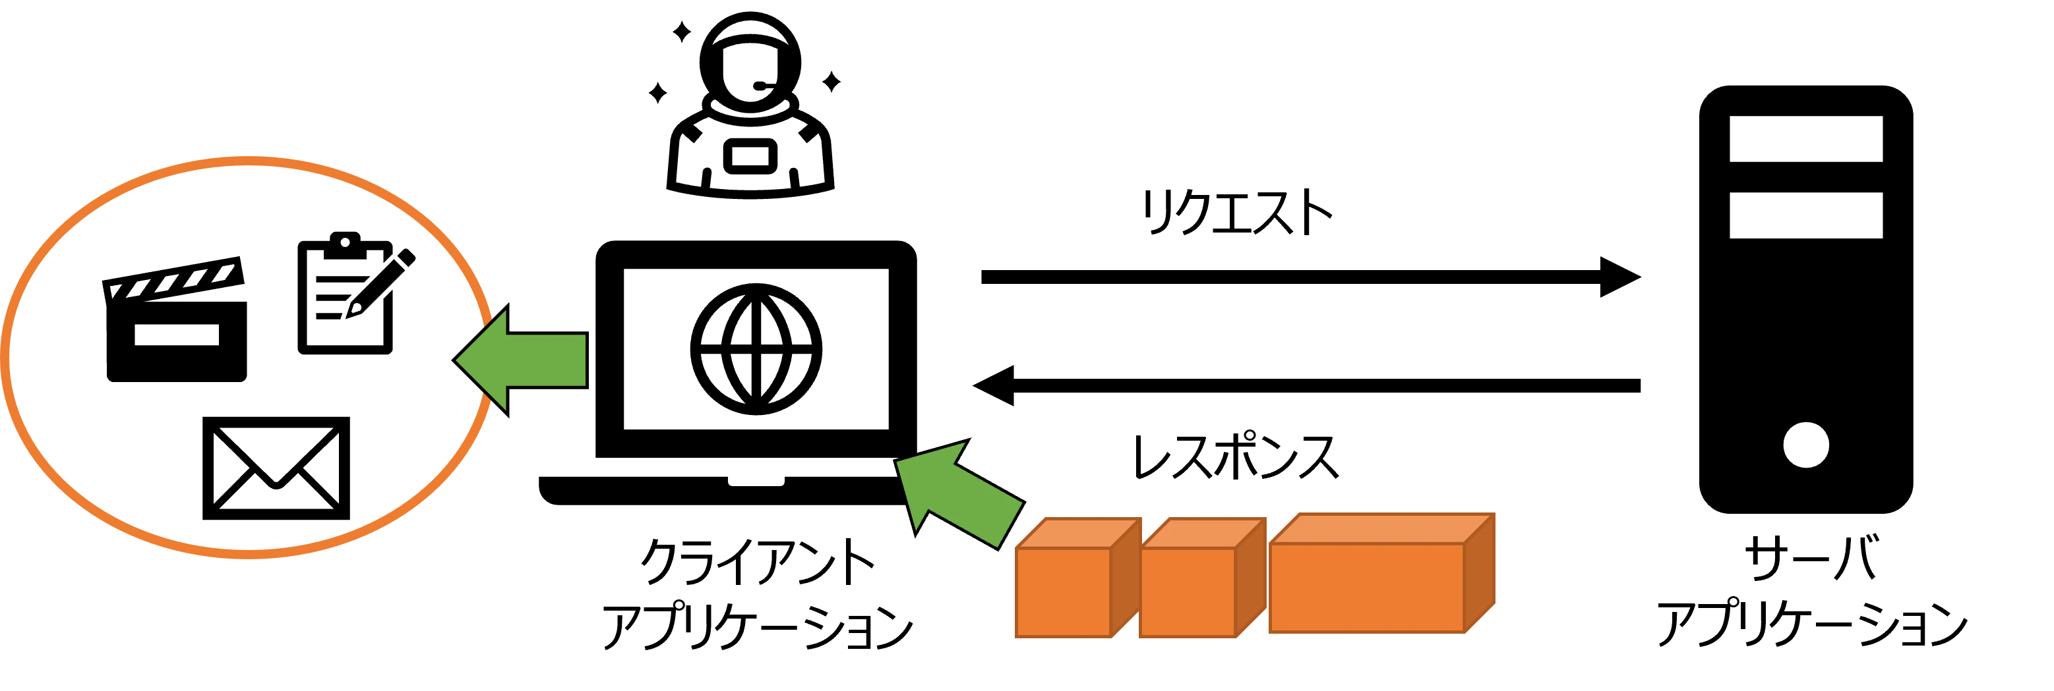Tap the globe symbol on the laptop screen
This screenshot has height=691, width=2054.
756,350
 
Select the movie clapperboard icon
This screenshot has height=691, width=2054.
175,319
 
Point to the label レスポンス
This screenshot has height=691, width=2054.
1236,456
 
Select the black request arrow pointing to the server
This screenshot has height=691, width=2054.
1311,277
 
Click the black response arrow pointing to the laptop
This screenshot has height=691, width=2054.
1306,386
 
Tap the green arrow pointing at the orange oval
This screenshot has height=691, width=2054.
520,360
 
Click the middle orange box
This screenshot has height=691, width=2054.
1203,578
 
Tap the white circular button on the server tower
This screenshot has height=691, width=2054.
1806,445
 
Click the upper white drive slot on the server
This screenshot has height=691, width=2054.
1806,139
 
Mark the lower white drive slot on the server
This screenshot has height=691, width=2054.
1806,215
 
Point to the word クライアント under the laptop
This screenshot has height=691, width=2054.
758,562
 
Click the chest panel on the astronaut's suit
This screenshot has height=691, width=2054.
750,157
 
